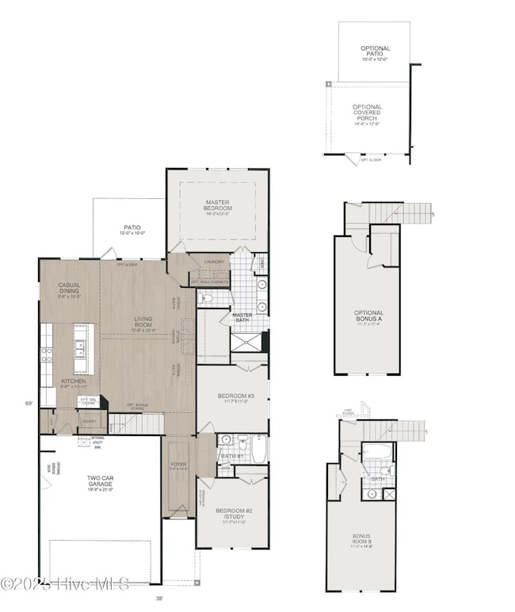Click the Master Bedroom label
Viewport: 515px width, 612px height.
[216, 206]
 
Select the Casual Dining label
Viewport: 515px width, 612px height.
[69, 289]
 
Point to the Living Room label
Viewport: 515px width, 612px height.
[143, 322]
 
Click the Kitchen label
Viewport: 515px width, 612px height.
[74, 381]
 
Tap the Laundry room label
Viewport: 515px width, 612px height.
[214, 262]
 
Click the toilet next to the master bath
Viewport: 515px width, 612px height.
[208, 298]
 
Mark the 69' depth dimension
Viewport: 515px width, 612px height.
[29, 404]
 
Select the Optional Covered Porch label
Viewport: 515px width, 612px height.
[367, 114]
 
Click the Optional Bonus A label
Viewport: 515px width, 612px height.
[369, 316]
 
